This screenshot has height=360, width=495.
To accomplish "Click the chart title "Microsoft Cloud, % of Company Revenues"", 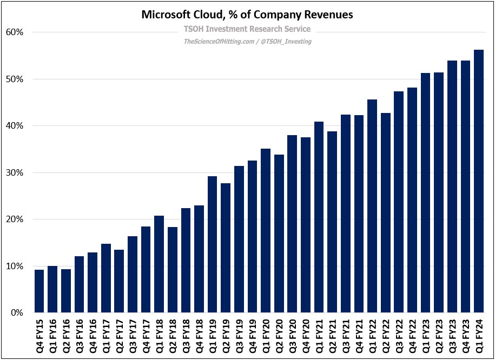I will click(247, 15).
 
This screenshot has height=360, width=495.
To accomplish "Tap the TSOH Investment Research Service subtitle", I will click(247, 29).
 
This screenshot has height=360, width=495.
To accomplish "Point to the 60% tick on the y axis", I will click(15, 32).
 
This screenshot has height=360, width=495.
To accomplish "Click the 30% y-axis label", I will click(15, 173).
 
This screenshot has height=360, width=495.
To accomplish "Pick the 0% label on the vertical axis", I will click(17, 313).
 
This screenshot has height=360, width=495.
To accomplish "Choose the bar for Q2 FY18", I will click(173, 270).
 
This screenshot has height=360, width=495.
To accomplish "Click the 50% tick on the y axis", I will click(15, 79).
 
